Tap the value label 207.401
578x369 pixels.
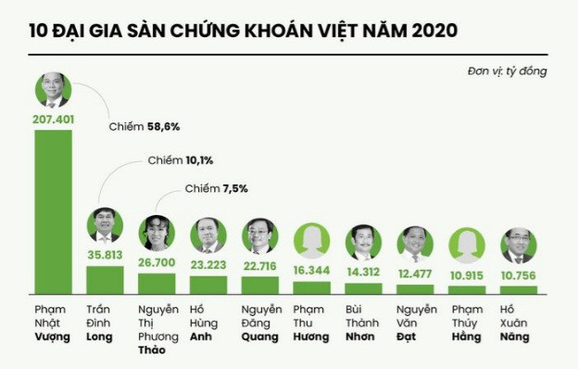click(x=53, y=120)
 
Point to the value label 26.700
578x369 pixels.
click(x=157, y=264)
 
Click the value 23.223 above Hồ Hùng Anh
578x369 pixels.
click(x=208, y=265)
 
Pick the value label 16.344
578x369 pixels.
click(x=312, y=272)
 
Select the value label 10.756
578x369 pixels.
click(x=520, y=276)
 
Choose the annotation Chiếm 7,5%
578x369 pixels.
click(x=216, y=189)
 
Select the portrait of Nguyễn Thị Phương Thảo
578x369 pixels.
click(x=157, y=234)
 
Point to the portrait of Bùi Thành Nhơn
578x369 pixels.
click(x=364, y=243)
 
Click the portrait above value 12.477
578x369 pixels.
click(x=416, y=244)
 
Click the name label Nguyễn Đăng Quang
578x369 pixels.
click(x=261, y=323)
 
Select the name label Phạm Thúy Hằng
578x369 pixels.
click(x=467, y=323)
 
